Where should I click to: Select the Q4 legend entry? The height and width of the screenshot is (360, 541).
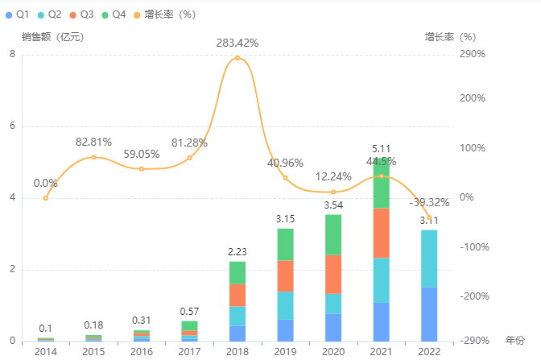coord(114,14)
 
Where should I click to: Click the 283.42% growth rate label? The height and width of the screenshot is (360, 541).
coord(237,43)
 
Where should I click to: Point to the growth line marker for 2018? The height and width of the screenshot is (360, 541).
coord(237,58)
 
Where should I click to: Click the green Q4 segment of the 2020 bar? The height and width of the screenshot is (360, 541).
coord(333,234)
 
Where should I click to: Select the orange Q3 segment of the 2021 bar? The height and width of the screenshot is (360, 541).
coord(381,233)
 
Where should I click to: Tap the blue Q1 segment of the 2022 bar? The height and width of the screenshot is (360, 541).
coord(429,313)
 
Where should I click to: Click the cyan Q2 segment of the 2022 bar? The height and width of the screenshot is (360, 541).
coord(429,258)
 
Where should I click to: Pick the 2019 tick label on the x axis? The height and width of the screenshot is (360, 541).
coord(286,352)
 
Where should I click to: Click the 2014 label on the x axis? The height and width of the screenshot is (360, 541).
coord(46,352)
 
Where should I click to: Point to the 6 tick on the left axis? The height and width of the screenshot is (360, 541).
coord(12,126)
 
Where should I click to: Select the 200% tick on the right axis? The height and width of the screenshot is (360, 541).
coord(473,98)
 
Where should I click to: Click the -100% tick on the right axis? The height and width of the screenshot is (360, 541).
coord(471,247)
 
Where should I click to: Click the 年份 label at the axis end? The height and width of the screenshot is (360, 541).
coord(514,341)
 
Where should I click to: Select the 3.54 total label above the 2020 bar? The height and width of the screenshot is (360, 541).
coord(333,205)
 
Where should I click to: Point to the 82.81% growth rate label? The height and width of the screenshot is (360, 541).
coord(93,142)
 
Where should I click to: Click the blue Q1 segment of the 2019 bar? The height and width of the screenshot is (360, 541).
coord(286,330)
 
